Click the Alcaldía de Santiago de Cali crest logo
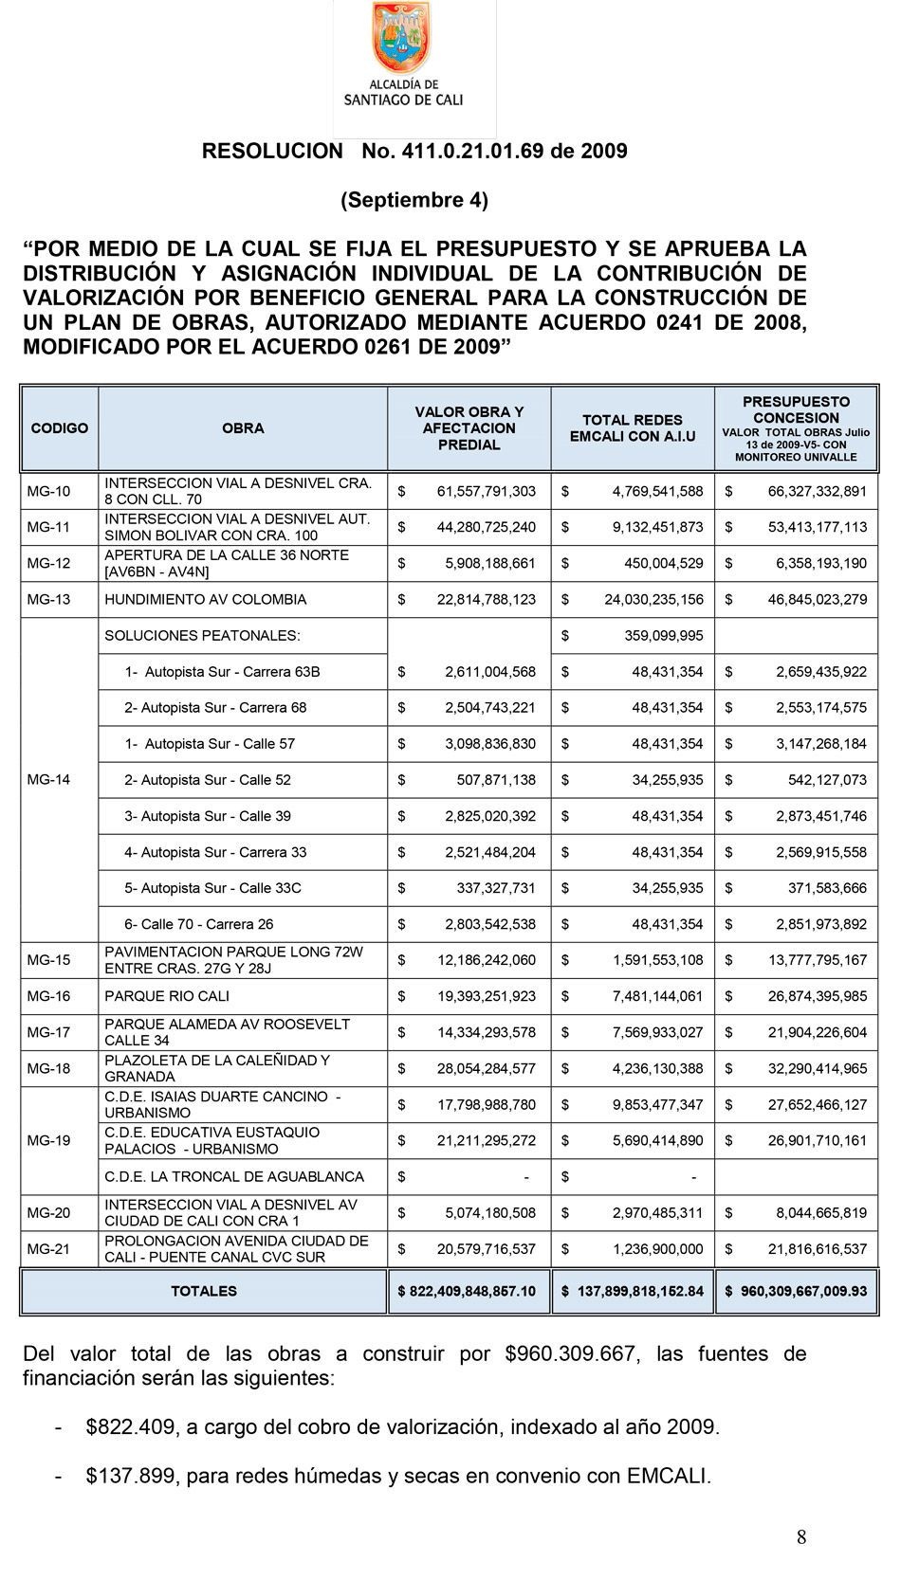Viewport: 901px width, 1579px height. [401, 39]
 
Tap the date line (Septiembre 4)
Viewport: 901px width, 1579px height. [414, 200]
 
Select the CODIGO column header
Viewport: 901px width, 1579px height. [59, 428]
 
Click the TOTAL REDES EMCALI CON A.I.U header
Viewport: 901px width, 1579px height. [632, 428]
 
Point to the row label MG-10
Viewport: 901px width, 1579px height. [48, 491]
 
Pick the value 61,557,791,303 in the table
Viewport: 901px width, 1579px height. [486, 491]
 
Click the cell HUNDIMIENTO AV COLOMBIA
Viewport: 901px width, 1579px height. [206, 600]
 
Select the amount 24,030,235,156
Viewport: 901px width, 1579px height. [653, 600]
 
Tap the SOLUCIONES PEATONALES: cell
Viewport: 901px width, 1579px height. [202, 636]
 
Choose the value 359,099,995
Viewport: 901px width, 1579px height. [663, 636]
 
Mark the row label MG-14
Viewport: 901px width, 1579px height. [48, 780]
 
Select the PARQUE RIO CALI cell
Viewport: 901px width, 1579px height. [167, 996]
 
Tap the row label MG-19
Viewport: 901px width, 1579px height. [48, 1140]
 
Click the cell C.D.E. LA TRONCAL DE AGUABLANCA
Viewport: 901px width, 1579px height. [234, 1176]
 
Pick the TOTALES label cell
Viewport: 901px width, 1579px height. [204, 1291]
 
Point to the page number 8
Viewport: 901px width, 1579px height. [801, 1537]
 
